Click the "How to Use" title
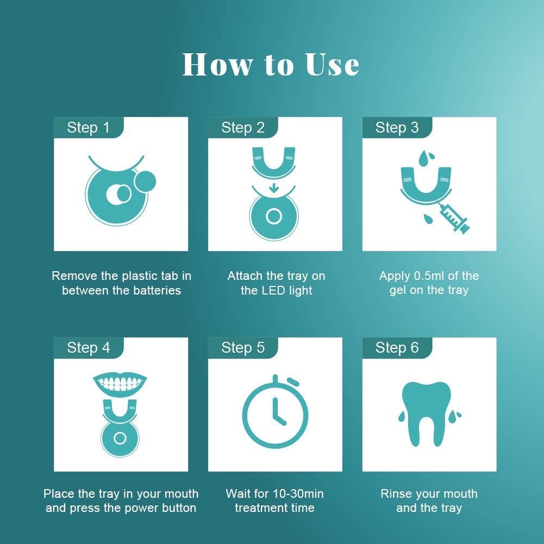pos(271,65)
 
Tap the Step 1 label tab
pos(89,127)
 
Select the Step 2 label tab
pos(243,127)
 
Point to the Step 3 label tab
pos(397,127)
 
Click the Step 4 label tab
pos(89,348)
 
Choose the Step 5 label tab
pos(243,348)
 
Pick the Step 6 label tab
pos(397,348)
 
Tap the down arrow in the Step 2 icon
pos(274,187)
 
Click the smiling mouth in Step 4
pos(120,384)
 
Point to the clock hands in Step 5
pos(278,412)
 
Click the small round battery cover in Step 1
pos(145,182)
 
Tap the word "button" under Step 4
pos(180,508)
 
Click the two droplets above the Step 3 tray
pos(426,158)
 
